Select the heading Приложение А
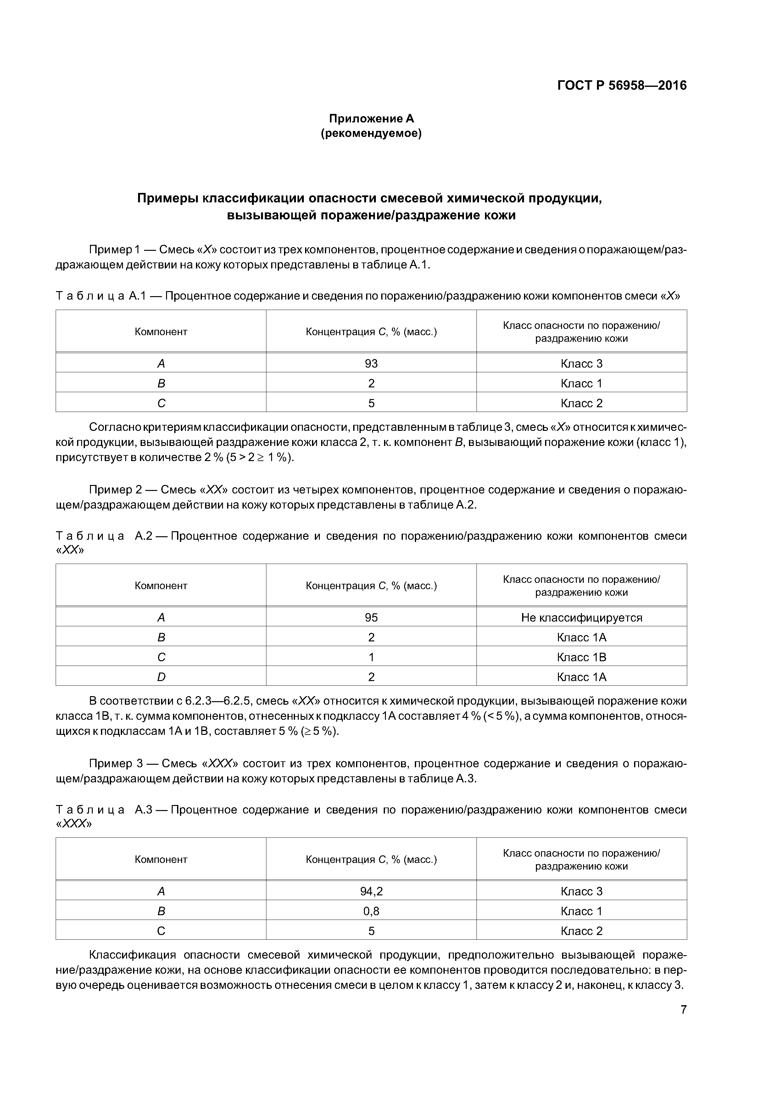coord(371,118)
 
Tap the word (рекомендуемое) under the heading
coord(371,134)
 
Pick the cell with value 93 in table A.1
coord(371,363)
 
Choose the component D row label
coord(161,677)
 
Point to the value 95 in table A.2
coord(371,617)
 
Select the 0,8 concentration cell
coord(371,911)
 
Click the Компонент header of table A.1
coord(161,332)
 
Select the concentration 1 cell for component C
coord(371,657)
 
